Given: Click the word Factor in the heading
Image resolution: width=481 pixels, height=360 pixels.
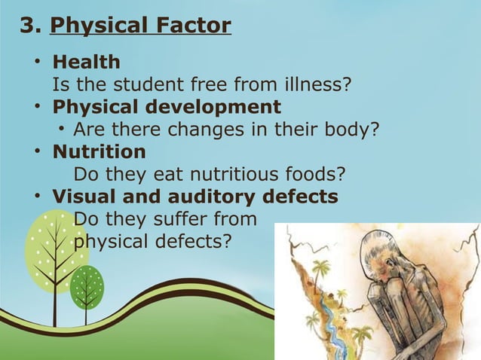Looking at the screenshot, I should coord(194,26).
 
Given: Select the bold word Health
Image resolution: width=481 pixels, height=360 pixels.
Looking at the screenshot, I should coord(85,61).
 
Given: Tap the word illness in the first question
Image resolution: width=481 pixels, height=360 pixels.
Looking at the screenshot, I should coord(317,84).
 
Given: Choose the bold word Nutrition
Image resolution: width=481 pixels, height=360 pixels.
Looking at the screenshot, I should coord(98,151).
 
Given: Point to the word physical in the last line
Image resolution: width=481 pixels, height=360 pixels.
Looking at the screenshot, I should coord(110,242).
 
